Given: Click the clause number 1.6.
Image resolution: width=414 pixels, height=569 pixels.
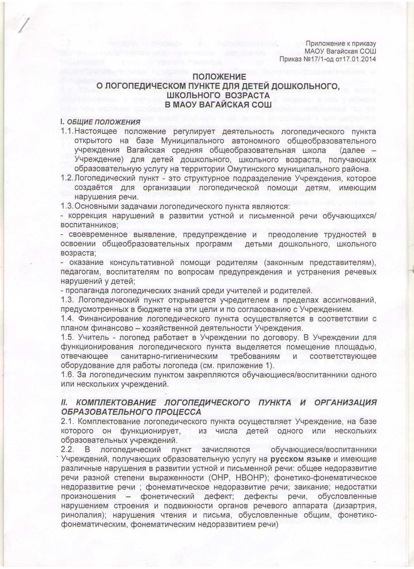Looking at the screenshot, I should click(67, 375).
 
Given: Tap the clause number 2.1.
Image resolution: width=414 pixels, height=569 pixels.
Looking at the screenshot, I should click(67, 422).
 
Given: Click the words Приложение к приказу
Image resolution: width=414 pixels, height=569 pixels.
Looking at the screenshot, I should click(341, 44).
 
